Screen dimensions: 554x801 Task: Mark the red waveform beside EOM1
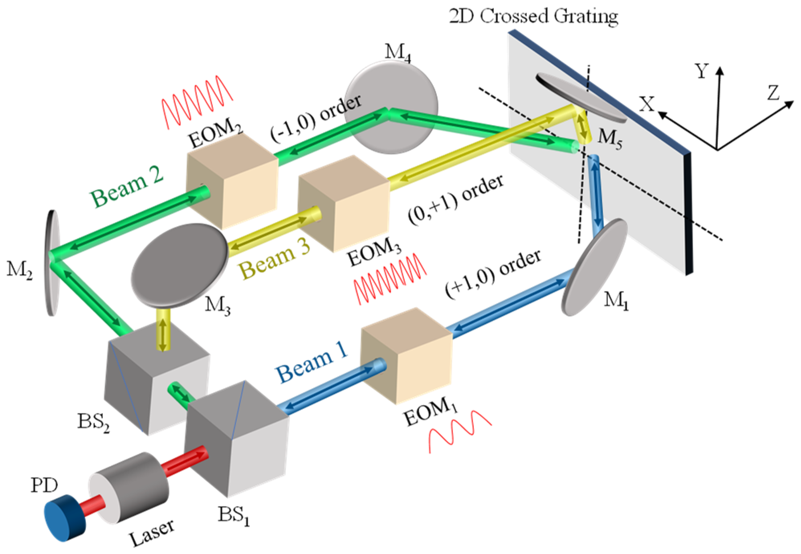pyautogui.click(x=460, y=431)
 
